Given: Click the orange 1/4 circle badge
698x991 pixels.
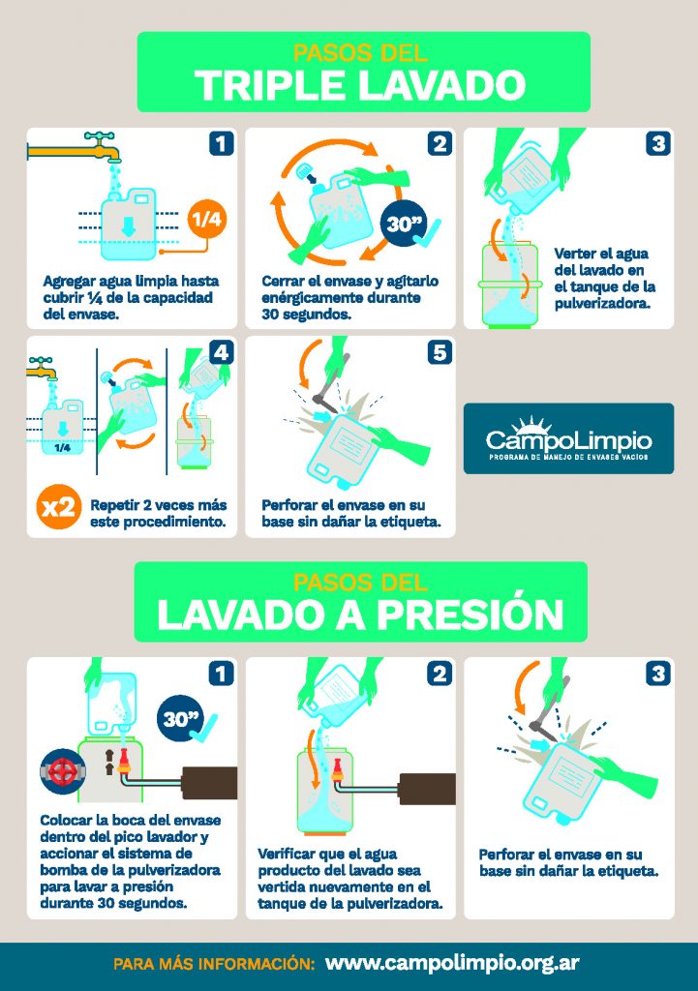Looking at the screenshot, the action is click(x=207, y=219).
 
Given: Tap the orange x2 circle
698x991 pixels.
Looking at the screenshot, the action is click(x=58, y=507).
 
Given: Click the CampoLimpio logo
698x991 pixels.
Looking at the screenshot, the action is click(x=568, y=438).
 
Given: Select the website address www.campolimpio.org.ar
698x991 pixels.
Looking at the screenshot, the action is click(x=453, y=963).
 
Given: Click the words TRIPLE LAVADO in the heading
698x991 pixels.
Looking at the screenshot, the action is click(x=360, y=85).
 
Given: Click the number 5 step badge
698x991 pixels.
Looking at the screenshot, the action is click(x=440, y=352).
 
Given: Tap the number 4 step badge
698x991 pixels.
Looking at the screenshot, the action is click(x=222, y=352).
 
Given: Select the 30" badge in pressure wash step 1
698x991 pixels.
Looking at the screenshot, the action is click(x=182, y=719).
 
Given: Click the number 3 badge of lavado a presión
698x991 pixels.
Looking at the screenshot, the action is click(x=658, y=674).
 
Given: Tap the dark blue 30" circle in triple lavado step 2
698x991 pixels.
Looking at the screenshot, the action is click(x=404, y=224).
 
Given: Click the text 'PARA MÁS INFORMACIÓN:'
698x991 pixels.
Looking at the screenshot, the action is click(x=214, y=964).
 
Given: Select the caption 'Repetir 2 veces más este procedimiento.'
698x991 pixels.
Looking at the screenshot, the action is click(x=158, y=513).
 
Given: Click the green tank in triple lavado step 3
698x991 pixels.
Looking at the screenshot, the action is click(x=510, y=285).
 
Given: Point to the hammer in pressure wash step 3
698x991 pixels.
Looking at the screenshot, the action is click(x=548, y=709).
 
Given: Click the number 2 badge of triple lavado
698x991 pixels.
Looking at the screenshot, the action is click(x=440, y=144).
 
